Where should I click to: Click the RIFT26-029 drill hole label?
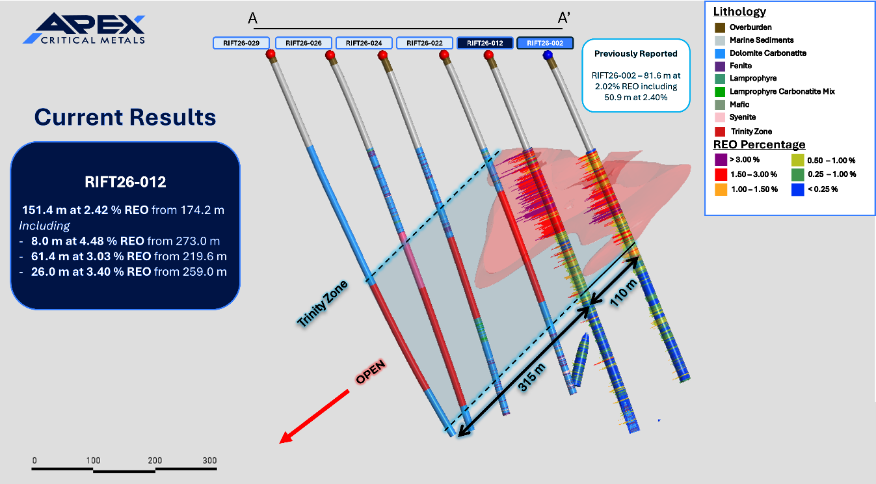point(241,43)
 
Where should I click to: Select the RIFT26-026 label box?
point(304,43)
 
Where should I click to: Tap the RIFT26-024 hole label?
point(364,43)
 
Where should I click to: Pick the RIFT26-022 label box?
point(424,43)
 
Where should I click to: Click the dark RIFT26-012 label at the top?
point(485,43)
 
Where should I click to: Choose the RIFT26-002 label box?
point(545,43)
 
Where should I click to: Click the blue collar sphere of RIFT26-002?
point(548,55)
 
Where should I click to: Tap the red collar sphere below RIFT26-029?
point(271,54)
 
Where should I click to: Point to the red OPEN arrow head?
point(286,437)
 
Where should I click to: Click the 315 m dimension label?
point(531,377)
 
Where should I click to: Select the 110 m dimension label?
point(624,293)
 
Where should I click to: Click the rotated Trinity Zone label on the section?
point(323,304)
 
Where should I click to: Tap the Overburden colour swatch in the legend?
point(720,27)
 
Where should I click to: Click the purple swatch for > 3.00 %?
point(721,159)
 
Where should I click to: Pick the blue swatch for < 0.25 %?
point(798,189)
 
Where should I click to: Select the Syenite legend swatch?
point(720,117)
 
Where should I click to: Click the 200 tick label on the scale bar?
point(155,461)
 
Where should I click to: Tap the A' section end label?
point(564,18)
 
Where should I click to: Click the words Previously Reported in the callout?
point(636,53)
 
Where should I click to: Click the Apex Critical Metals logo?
point(84,28)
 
